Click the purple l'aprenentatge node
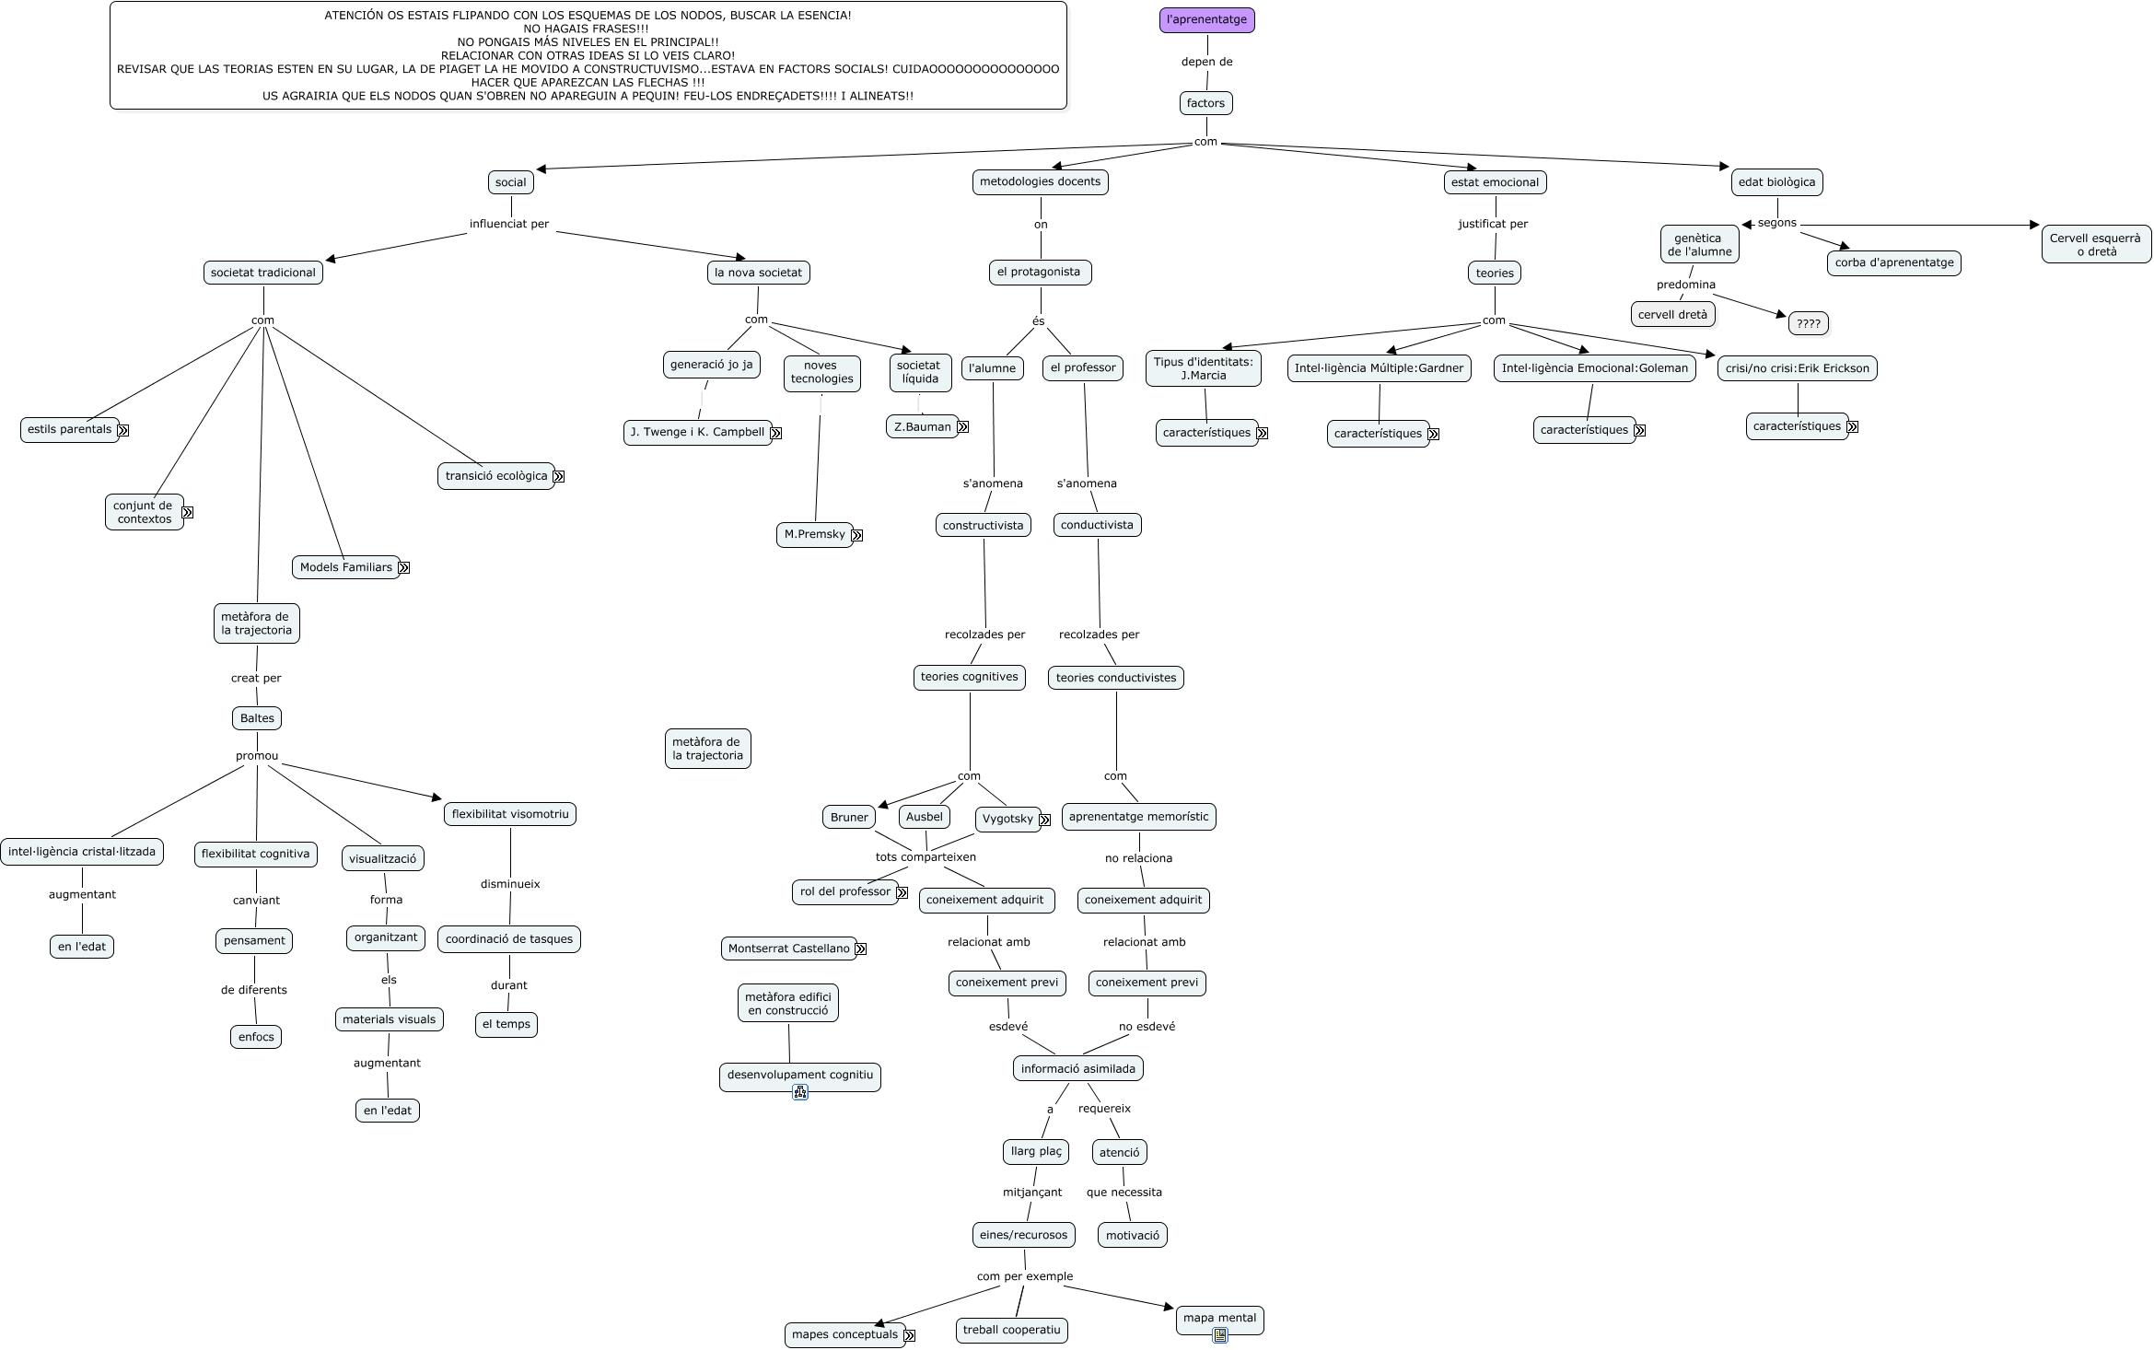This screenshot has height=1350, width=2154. (x=1206, y=19)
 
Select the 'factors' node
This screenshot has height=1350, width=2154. (x=1205, y=103)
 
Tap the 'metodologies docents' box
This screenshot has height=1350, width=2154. (x=1040, y=181)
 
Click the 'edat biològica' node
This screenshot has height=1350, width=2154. (x=1776, y=181)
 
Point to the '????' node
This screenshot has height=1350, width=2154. (x=1808, y=323)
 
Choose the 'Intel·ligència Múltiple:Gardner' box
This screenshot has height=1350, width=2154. (x=1379, y=367)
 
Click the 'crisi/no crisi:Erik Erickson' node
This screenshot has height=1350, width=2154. (x=1797, y=368)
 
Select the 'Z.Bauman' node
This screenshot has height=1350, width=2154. (x=922, y=426)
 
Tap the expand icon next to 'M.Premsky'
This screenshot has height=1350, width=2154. (x=857, y=535)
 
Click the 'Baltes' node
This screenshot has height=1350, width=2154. (x=257, y=718)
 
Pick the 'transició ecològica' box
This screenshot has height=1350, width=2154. (x=495, y=476)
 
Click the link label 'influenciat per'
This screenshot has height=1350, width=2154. (x=509, y=224)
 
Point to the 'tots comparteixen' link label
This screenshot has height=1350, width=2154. (x=926, y=856)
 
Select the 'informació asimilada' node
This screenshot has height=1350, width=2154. (x=1077, y=1068)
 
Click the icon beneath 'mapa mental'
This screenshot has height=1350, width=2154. (x=1219, y=1335)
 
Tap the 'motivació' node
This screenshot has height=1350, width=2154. (x=1132, y=1235)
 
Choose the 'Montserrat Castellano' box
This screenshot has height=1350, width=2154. (x=788, y=948)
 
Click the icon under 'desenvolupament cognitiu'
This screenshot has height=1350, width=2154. (x=799, y=1093)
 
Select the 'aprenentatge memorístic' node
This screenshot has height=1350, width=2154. (x=1138, y=817)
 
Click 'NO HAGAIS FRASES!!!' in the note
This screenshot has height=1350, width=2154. (x=587, y=29)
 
